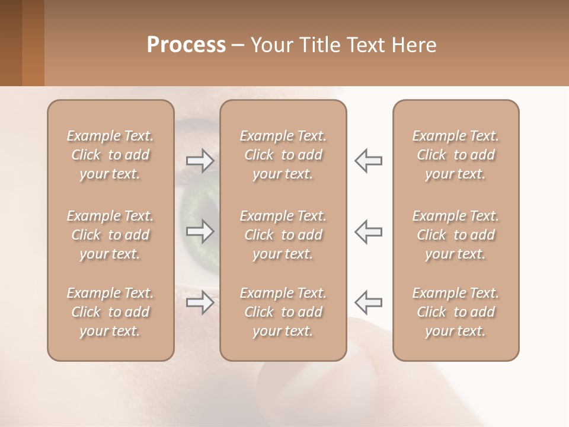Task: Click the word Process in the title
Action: [x=186, y=45]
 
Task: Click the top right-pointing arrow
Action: [x=200, y=160]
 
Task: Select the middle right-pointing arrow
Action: [x=200, y=231]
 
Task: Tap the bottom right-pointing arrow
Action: [x=200, y=302]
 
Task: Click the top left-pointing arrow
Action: [x=368, y=160]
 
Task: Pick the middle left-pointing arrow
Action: [x=368, y=231]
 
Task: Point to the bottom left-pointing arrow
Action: [x=368, y=302]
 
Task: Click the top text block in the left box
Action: [x=110, y=155]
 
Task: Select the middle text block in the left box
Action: [x=110, y=235]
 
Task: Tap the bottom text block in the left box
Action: [x=110, y=312]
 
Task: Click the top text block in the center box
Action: [x=283, y=155]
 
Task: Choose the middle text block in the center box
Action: [x=283, y=235]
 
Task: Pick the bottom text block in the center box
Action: [x=283, y=312]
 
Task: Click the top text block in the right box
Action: [x=456, y=155]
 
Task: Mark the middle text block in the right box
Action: [x=456, y=235]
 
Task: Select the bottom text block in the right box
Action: [x=456, y=312]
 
